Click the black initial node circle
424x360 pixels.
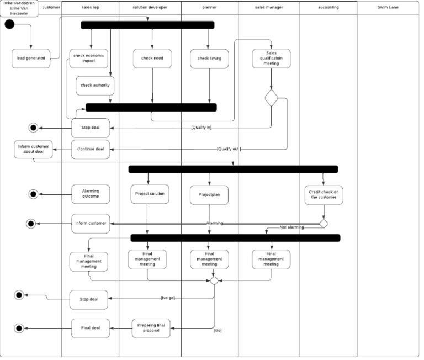(9, 25)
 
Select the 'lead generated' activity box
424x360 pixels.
(31, 58)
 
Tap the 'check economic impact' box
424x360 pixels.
(88, 58)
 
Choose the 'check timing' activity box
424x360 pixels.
(209, 58)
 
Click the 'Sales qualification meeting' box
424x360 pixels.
(271, 59)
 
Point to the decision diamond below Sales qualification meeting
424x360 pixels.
(271, 98)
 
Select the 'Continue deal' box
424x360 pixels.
(91, 149)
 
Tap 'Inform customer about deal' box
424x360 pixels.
(33, 149)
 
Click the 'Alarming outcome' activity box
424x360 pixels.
(91, 194)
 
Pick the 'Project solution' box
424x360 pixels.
(148, 194)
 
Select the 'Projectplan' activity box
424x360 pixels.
(209, 194)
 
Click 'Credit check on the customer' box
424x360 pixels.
(323, 194)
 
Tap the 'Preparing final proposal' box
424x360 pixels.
(151, 328)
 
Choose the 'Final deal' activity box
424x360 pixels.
(91, 328)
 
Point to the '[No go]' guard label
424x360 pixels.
(168, 298)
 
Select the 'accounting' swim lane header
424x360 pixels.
(328, 7)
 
